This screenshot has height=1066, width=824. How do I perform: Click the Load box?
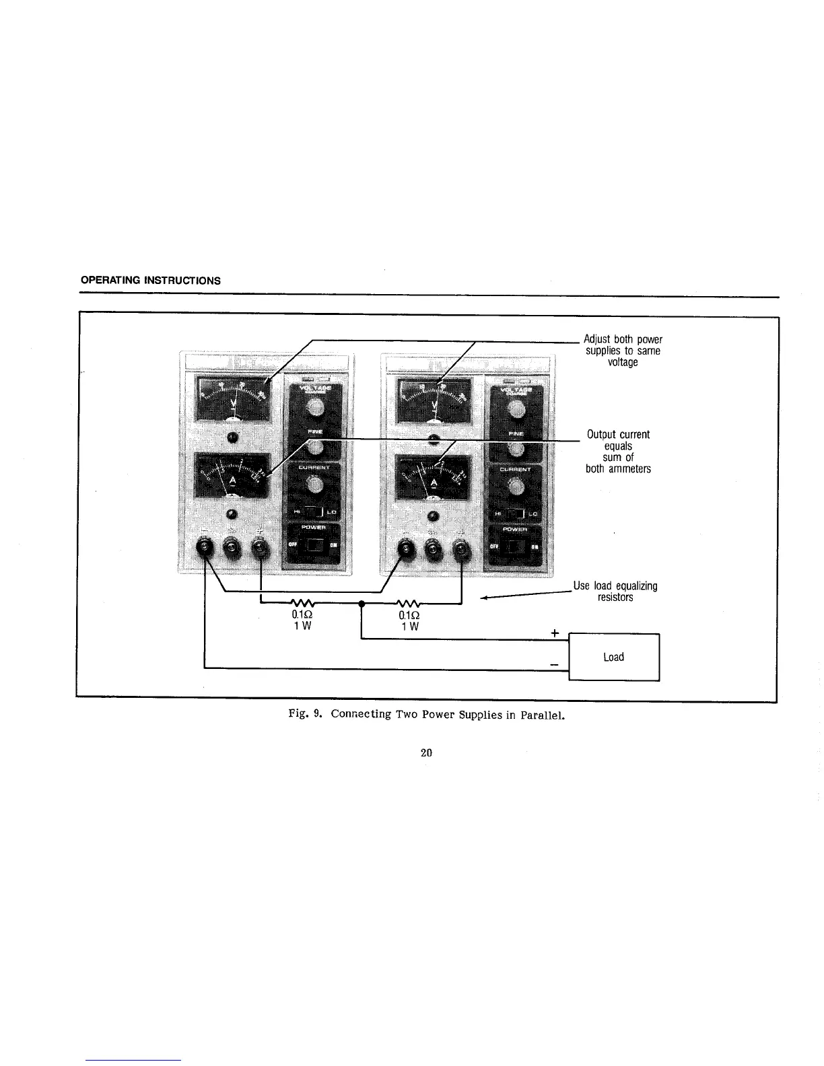(x=613, y=657)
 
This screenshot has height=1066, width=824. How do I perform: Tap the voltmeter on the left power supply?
(x=233, y=400)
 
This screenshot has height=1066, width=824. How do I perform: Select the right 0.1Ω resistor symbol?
(x=409, y=604)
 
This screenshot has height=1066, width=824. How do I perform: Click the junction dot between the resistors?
(x=362, y=604)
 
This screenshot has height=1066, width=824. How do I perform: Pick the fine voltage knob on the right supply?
(x=515, y=449)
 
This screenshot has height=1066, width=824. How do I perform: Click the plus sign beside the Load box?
(x=555, y=633)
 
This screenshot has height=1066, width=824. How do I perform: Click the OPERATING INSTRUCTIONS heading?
(x=150, y=280)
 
